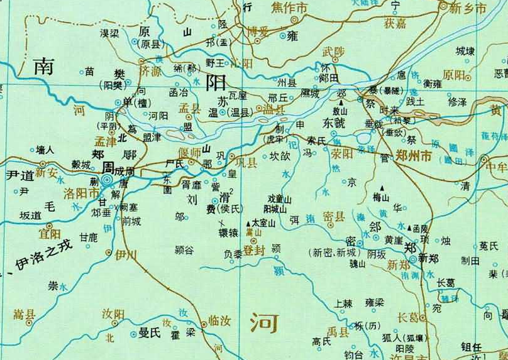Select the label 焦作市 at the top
pyautogui.click(x=289, y=8)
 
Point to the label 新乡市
pyautogui.click(x=468, y=8)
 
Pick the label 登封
pyautogui.click(x=255, y=250)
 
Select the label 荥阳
pyautogui.click(x=342, y=154)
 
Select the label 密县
pyautogui.click(x=333, y=216)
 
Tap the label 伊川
pyautogui.click(x=126, y=254)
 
